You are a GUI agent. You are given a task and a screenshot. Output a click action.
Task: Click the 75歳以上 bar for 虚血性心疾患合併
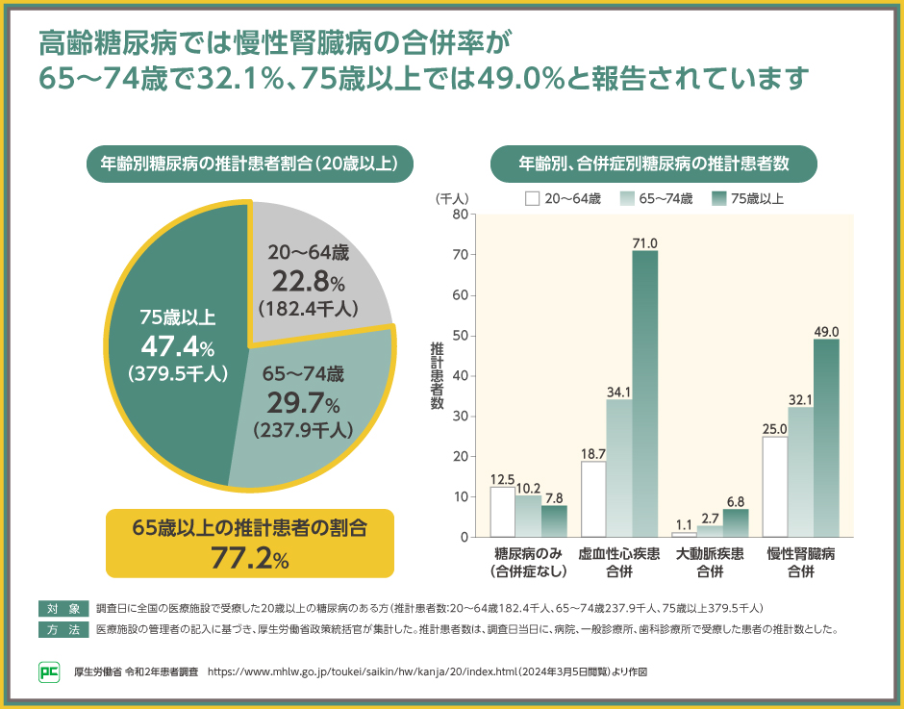tap(644, 393)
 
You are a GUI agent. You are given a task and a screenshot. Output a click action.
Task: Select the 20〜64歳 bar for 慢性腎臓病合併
tap(774, 487)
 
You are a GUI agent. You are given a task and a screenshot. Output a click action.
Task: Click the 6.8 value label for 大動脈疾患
tap(736, 501)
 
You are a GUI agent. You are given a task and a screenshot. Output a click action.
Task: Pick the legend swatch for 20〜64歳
tap(532, 199)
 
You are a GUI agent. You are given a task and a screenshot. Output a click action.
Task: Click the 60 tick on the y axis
tap(461, 295)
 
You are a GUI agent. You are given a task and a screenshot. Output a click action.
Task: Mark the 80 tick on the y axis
tap(461, 215)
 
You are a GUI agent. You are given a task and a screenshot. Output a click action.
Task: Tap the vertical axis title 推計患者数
tap(437, 375)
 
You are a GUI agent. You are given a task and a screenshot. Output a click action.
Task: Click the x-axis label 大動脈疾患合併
tap(709, 562)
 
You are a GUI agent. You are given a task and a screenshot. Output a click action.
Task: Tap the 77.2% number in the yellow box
tap(250, 556)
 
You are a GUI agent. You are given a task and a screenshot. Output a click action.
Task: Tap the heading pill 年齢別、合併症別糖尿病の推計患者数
tap(653, 164)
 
